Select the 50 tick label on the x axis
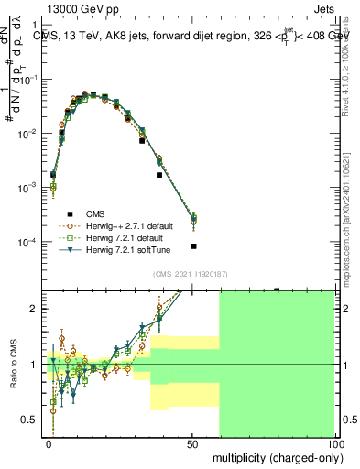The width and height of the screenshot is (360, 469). pos(193,443)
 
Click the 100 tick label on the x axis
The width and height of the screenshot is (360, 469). pos(335,443)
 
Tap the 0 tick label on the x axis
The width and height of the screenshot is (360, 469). pos(49,443)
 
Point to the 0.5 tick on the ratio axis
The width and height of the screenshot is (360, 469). pos(31,420)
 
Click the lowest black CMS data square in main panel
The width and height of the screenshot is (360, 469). pos(193,246)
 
